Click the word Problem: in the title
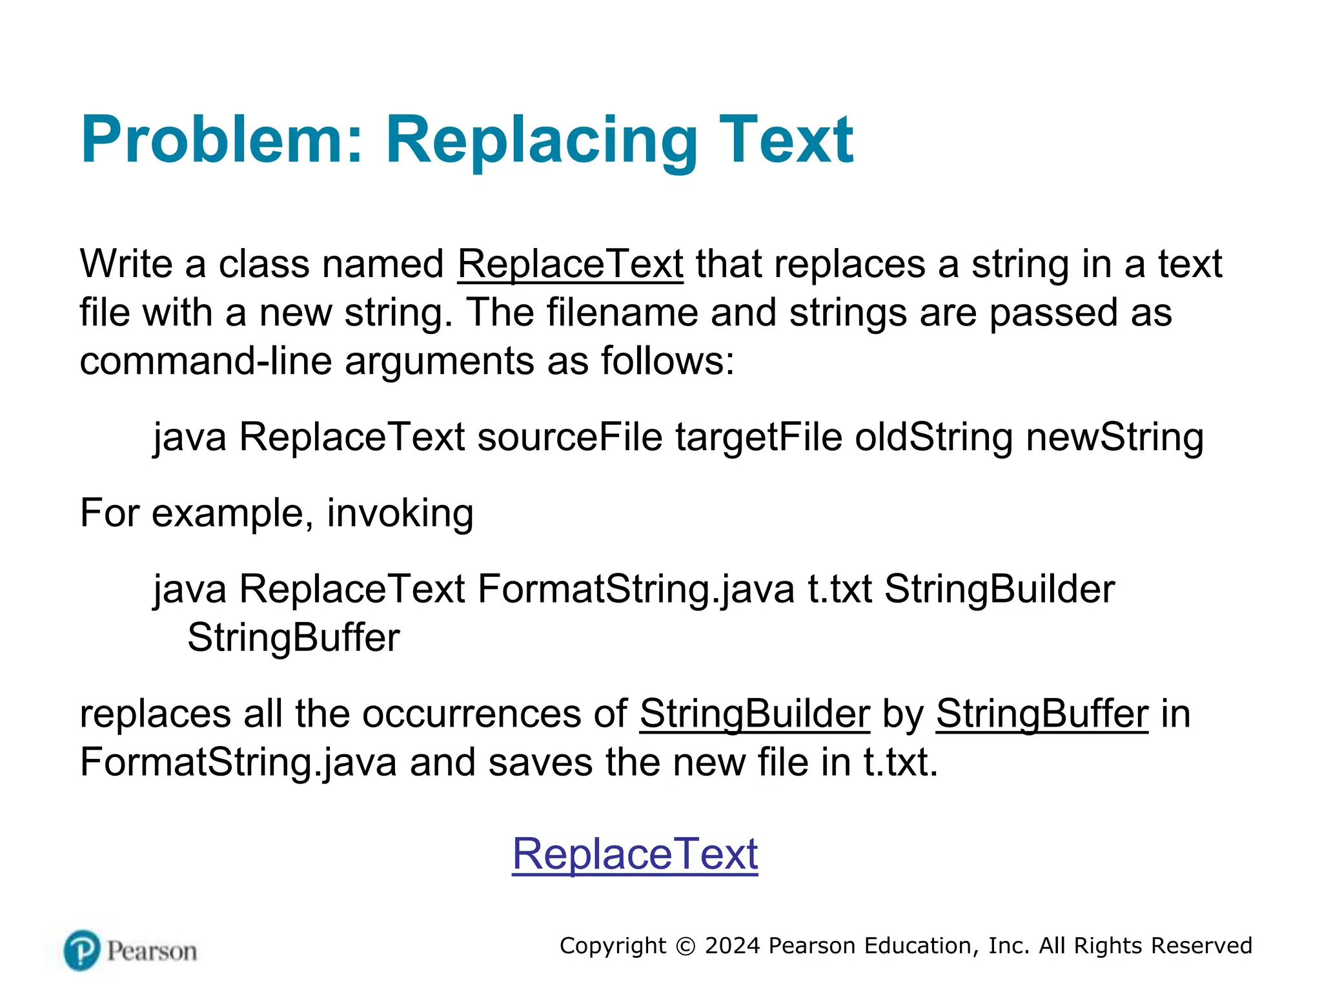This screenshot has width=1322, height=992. [x=223, y=140]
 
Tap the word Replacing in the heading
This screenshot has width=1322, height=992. [x=541, y=140]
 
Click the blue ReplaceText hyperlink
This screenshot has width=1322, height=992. [x=635, y=854]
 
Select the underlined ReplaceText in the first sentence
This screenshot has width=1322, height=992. [x=570, y=264]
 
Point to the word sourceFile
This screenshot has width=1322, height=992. [x=570, y=437]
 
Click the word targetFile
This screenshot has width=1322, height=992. [x=758, y=437]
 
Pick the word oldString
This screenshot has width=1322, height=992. [x=934, y=437]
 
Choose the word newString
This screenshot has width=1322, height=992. [x=1115, y=437]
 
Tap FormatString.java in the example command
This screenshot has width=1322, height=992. [x=636, y=589]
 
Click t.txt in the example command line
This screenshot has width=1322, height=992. [x=840, y=589]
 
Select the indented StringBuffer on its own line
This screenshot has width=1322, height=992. [x=294, y=638]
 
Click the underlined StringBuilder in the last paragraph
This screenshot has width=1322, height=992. [x=755, y=714]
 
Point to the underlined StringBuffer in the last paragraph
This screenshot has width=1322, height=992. [x=1042, y=714]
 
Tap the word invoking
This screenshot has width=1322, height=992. [x=400, y=513]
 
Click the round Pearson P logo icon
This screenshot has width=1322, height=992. [x=82, y=950]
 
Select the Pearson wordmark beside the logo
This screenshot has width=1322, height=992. [x=152, y=951]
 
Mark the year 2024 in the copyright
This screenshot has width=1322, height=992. [x=733, y=945]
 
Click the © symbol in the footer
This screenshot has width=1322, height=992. [x=686, y=946]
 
